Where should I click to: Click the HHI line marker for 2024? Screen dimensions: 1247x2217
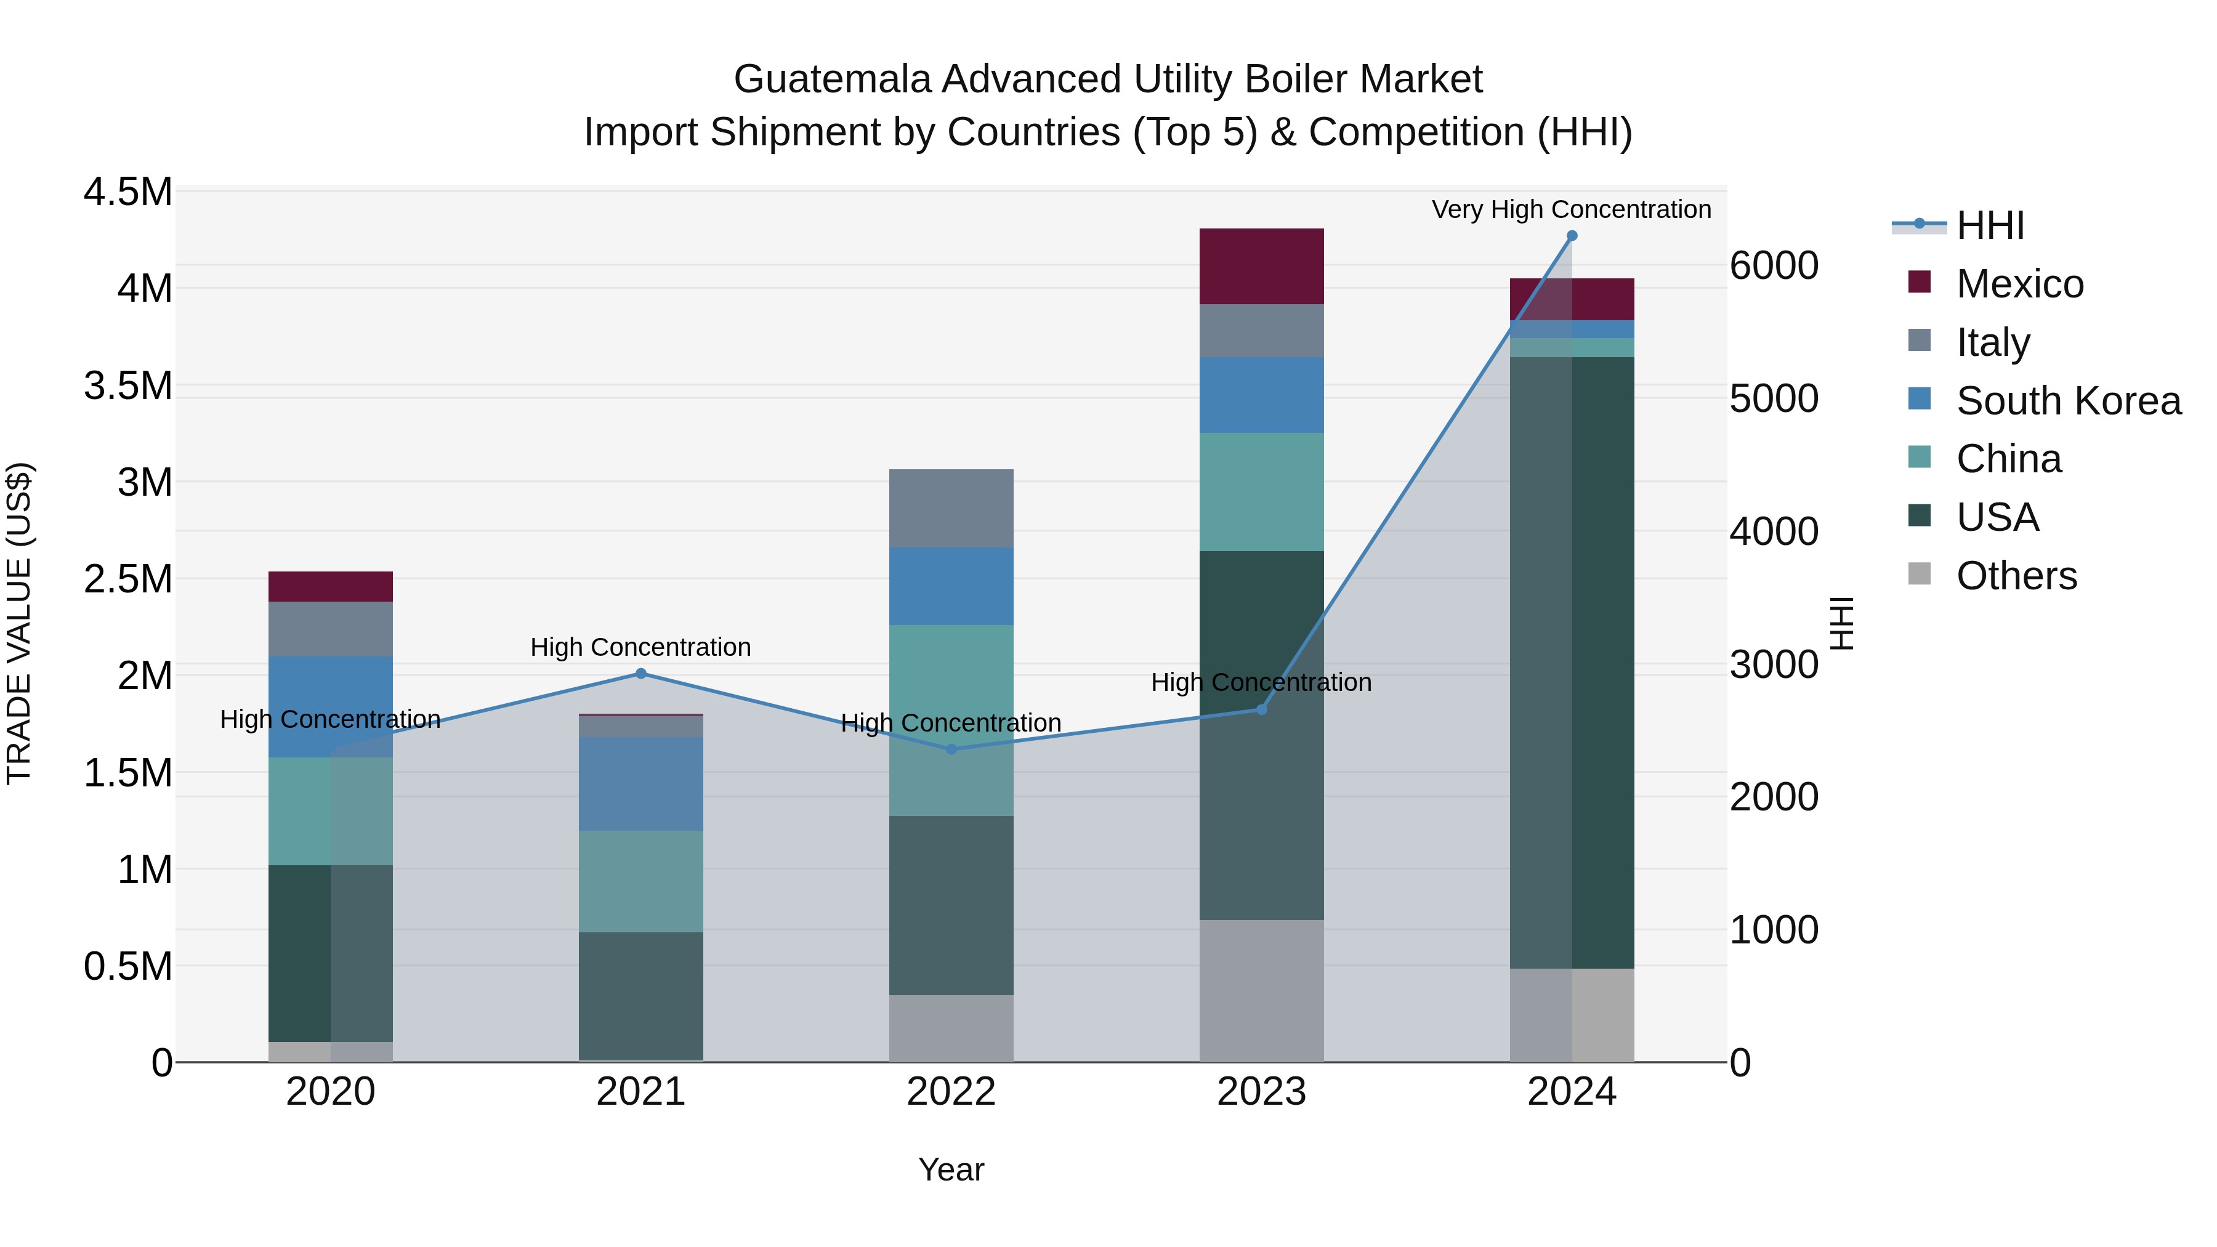click(x=1572, y=236)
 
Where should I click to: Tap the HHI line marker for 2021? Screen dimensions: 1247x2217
click(x=640, y=674)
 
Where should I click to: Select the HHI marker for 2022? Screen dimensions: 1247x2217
click(x=951, y=749)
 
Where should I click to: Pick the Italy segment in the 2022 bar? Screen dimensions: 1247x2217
click(x=951, y=509)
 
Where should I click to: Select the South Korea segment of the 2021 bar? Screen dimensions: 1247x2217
click(x=640, y=783)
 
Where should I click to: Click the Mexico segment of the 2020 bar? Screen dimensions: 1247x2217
click(x=331, y=587)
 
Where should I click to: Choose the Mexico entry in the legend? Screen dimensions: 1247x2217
click(x=2019, y=284)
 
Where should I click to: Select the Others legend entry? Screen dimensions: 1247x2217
click(x=2016, y=576)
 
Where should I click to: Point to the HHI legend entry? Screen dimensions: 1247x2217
click(x=1990, y=225)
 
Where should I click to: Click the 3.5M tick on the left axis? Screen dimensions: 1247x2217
click(x=128, y=385)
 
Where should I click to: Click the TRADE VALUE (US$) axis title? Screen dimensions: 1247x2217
click(x=19, y=623)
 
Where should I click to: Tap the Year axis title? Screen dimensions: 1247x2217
click(x=951, y=1169)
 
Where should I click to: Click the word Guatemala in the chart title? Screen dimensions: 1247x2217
click(x=831, y=79)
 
